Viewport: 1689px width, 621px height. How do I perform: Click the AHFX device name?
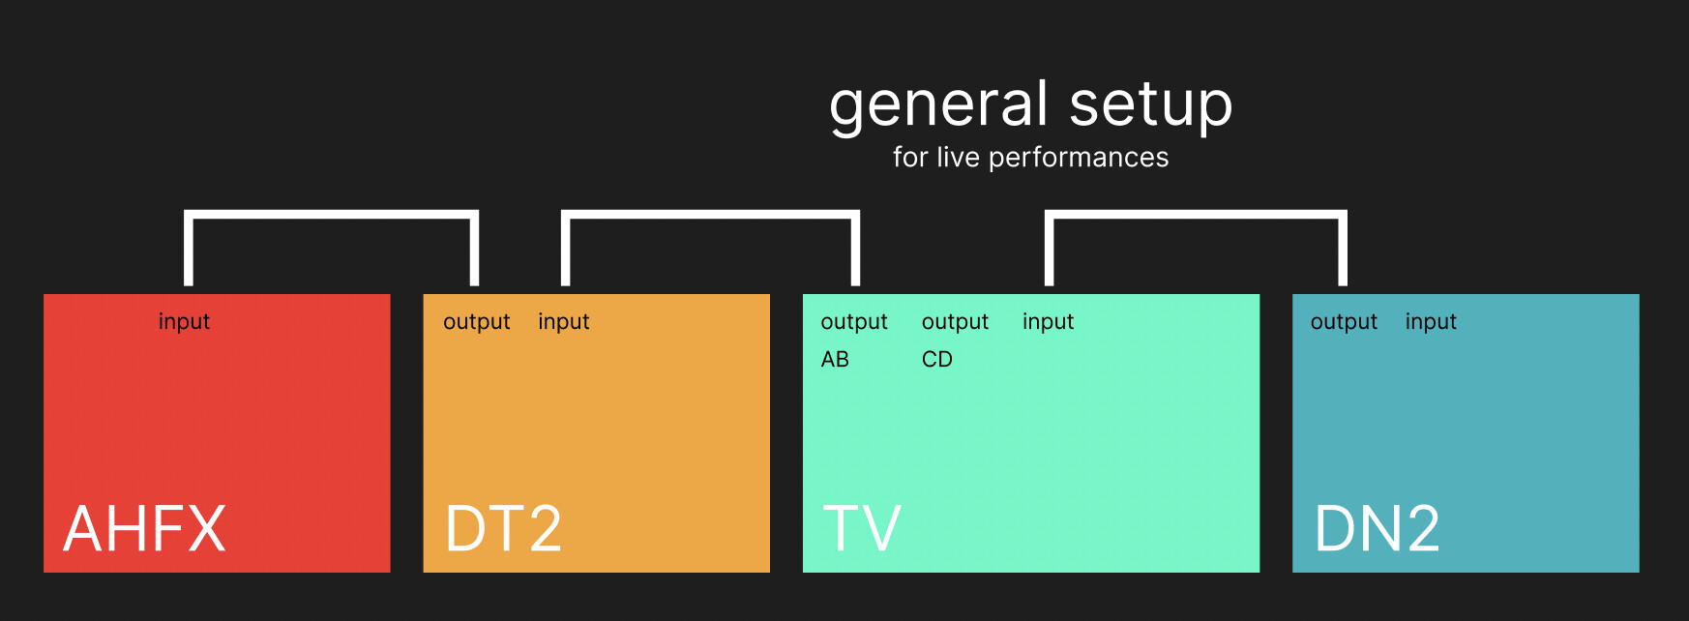coord(144,528)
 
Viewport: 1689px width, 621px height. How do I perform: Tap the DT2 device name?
coord(503,528)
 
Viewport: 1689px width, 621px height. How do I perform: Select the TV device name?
coord(862,528)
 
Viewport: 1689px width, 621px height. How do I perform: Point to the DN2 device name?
coord(1377,528)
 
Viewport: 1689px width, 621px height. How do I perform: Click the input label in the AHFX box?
coord(184,321)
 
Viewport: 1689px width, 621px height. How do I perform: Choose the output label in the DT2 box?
coord(476,322)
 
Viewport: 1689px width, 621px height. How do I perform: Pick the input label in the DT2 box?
coord(563,321)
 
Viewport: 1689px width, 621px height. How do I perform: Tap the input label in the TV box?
coord(1048,321)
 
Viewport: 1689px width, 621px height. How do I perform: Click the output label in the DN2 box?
coord(1344,322)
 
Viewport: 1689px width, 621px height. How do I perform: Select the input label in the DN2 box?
coord(1431,321)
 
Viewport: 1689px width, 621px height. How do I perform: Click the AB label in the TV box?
coord(835,360)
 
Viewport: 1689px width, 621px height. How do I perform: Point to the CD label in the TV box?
coord(937,360)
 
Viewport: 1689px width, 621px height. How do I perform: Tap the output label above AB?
coord(854,322)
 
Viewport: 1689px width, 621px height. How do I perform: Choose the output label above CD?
coord(955,322)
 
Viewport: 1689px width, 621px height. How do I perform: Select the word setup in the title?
coord(1151,106)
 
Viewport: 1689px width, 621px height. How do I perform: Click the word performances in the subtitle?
coord(1079,158)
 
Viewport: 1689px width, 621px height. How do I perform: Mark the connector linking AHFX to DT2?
coord(332,215)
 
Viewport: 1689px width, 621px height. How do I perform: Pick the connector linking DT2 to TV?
coord(710,215)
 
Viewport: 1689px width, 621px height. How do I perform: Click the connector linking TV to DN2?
coord(1196,215)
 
